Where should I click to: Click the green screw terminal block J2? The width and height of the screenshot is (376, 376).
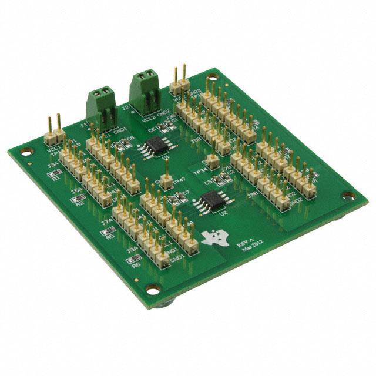tap(143, 92)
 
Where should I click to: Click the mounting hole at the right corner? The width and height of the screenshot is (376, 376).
tap(348, 196)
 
